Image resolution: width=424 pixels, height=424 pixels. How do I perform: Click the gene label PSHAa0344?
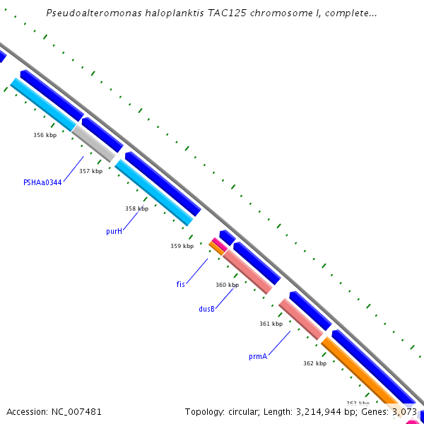pyautogui.click(x=42, y=182)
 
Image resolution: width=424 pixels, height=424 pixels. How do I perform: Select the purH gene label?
pyautogui.click(x=114, y=231)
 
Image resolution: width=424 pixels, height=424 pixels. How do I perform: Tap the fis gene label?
pyautogui.click(x=181, y=284)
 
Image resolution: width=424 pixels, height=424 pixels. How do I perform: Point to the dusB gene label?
pyautogui.click(x=207, y=309)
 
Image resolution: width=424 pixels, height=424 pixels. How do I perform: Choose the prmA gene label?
pyautogui.click(x=258, y=357)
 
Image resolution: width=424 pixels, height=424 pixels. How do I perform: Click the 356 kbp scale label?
pyautogui.click(x=45, y=135)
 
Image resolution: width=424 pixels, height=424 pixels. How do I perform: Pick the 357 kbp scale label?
pyautogui.click(x=90, y=171)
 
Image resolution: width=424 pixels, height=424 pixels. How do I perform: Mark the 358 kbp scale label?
pyautogui.click(x=136, y=208)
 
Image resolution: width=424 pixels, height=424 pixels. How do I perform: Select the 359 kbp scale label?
pyautogui.click(x=182, y=246)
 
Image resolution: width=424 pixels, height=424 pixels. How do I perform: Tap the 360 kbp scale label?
pyautogui.click(x=227, y=285)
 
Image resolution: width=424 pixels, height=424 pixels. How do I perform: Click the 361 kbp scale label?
pyautogui.click(x=271, y=324)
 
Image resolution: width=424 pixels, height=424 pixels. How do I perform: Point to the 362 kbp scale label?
pyautogui.click(x=314, y=363)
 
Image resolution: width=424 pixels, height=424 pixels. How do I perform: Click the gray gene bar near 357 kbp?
pyautogui.click(x=95, y=144)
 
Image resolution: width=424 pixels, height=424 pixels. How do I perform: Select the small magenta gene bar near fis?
pyautogui.click(x=219, y=245)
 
